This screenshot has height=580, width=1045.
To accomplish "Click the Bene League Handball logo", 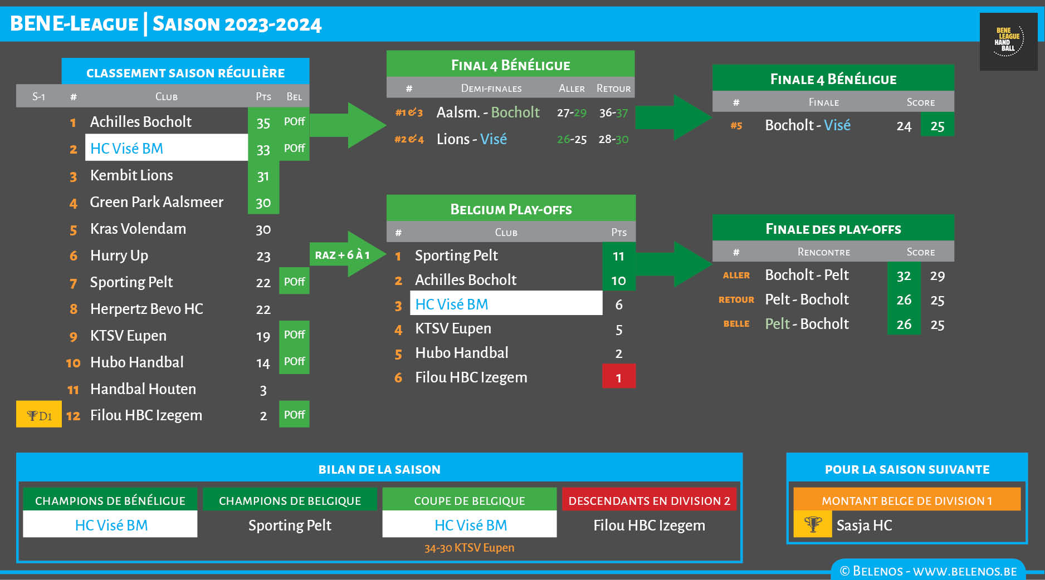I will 1008,42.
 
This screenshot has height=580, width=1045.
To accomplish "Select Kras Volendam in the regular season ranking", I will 138,229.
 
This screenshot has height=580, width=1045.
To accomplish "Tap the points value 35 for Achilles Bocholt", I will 263,122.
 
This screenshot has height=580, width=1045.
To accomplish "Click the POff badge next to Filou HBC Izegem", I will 294,415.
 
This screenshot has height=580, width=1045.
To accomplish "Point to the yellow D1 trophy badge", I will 38,415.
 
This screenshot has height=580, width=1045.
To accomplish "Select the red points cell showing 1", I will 618,377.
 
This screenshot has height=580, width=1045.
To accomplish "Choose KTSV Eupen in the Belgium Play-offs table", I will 453,328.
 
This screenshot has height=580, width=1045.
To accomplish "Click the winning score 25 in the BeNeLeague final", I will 937,126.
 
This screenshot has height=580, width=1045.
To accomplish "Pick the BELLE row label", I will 736,324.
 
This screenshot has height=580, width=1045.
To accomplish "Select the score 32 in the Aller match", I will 904,276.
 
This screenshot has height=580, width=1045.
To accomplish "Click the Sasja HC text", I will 864,525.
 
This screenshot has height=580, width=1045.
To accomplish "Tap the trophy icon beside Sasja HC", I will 813,525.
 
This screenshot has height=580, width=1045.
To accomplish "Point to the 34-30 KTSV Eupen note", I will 469,548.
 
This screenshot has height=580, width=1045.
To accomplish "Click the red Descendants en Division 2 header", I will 649,500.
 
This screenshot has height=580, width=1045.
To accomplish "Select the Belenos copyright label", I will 928,571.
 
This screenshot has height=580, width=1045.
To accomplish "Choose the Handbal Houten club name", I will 143,389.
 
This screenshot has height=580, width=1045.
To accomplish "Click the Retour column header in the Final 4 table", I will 613,89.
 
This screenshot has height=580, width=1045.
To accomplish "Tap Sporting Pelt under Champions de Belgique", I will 290,525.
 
